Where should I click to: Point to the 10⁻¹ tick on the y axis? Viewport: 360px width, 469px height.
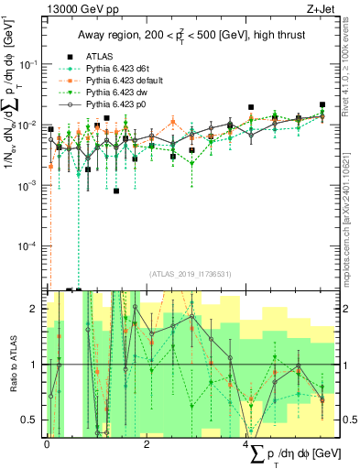[x=29, y=64]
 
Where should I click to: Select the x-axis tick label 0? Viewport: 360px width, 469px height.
[x=47, y=444]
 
